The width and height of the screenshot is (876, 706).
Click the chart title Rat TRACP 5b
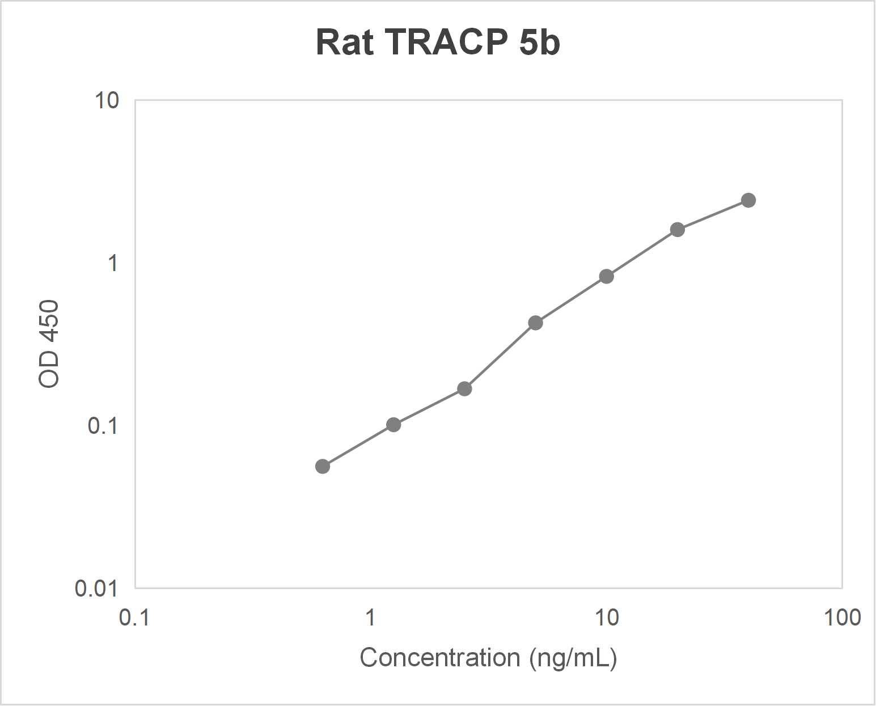(x=438, y=43)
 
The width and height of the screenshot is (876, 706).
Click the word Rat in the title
(x=344, y=43)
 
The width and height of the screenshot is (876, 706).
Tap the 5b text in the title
(x=539, y=43)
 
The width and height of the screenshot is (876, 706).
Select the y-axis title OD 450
(x=49, y=344)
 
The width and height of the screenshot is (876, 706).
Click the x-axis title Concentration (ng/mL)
(x=488, y=658)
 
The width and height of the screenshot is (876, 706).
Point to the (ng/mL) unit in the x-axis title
(x=573, y=658)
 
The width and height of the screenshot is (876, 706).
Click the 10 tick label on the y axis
(x=107, y=101)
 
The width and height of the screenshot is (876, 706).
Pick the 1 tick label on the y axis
(x=113, y=263)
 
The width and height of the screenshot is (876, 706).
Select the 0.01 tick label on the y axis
(x=96, y=589)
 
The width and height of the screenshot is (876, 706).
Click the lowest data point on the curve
(x=323, y=467)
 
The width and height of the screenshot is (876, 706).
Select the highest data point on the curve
(x=748, y=200)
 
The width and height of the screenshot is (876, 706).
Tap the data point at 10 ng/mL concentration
(x=607, y=277)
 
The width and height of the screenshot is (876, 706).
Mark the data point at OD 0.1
(x=393, y=425)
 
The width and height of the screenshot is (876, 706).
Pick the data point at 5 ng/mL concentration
(x=536, y=323)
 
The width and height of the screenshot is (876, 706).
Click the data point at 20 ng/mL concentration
(x=678, y=230)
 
